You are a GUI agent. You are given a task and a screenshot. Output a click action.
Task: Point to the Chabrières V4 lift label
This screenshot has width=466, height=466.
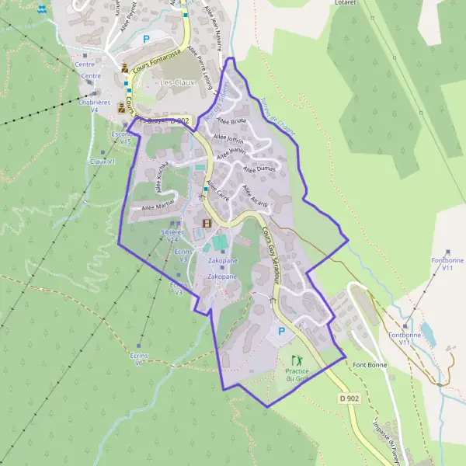coord(94,106)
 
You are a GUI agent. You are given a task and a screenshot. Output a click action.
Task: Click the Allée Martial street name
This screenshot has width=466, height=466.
coord(158,207)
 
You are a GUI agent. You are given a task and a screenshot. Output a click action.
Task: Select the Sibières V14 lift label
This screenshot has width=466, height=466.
coord(172,235)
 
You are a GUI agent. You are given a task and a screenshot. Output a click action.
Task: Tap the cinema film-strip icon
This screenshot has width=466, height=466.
coord(207,224)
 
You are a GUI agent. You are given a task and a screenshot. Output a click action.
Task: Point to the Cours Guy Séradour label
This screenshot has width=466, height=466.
coord(272,252)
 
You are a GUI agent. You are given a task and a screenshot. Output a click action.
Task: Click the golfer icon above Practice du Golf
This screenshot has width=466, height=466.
coord(295,360)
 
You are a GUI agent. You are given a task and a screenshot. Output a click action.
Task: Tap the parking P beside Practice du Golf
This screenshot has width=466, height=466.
coord(281,331)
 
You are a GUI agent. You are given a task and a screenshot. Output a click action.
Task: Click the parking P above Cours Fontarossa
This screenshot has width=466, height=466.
coord(145,39)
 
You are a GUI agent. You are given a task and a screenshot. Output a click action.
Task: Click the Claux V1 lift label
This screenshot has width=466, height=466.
coord(102,162)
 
